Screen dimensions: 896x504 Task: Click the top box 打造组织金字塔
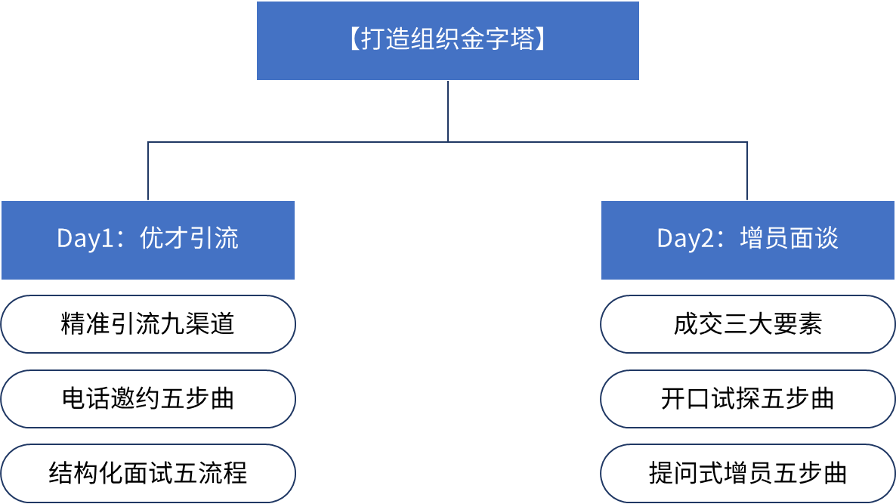coord(447,41)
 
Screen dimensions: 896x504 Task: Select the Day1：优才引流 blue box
coord(148,240)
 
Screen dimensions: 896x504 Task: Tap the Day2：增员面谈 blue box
coord(747,240)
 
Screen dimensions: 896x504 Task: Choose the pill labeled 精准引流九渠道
coord(148,324)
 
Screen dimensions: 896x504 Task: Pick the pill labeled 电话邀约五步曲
coord(148,399)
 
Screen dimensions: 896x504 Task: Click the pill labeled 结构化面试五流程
coord(148,474)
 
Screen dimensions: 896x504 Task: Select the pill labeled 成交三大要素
coord(747,324)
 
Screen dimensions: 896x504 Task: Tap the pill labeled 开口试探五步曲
coord(747,399)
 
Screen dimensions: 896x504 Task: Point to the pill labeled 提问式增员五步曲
coord(747,474)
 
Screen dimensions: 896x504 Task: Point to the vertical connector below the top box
coord(448,111)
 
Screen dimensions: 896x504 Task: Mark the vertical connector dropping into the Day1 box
coord(148,172)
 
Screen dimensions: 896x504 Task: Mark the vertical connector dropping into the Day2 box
coord(747,172)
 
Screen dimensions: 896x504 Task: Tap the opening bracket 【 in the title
coord(354,39)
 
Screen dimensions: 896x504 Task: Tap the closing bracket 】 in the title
coord(540,39)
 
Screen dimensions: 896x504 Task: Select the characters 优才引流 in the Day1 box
coord(189,238)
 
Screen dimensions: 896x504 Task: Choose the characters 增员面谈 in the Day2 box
coord(789,238)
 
